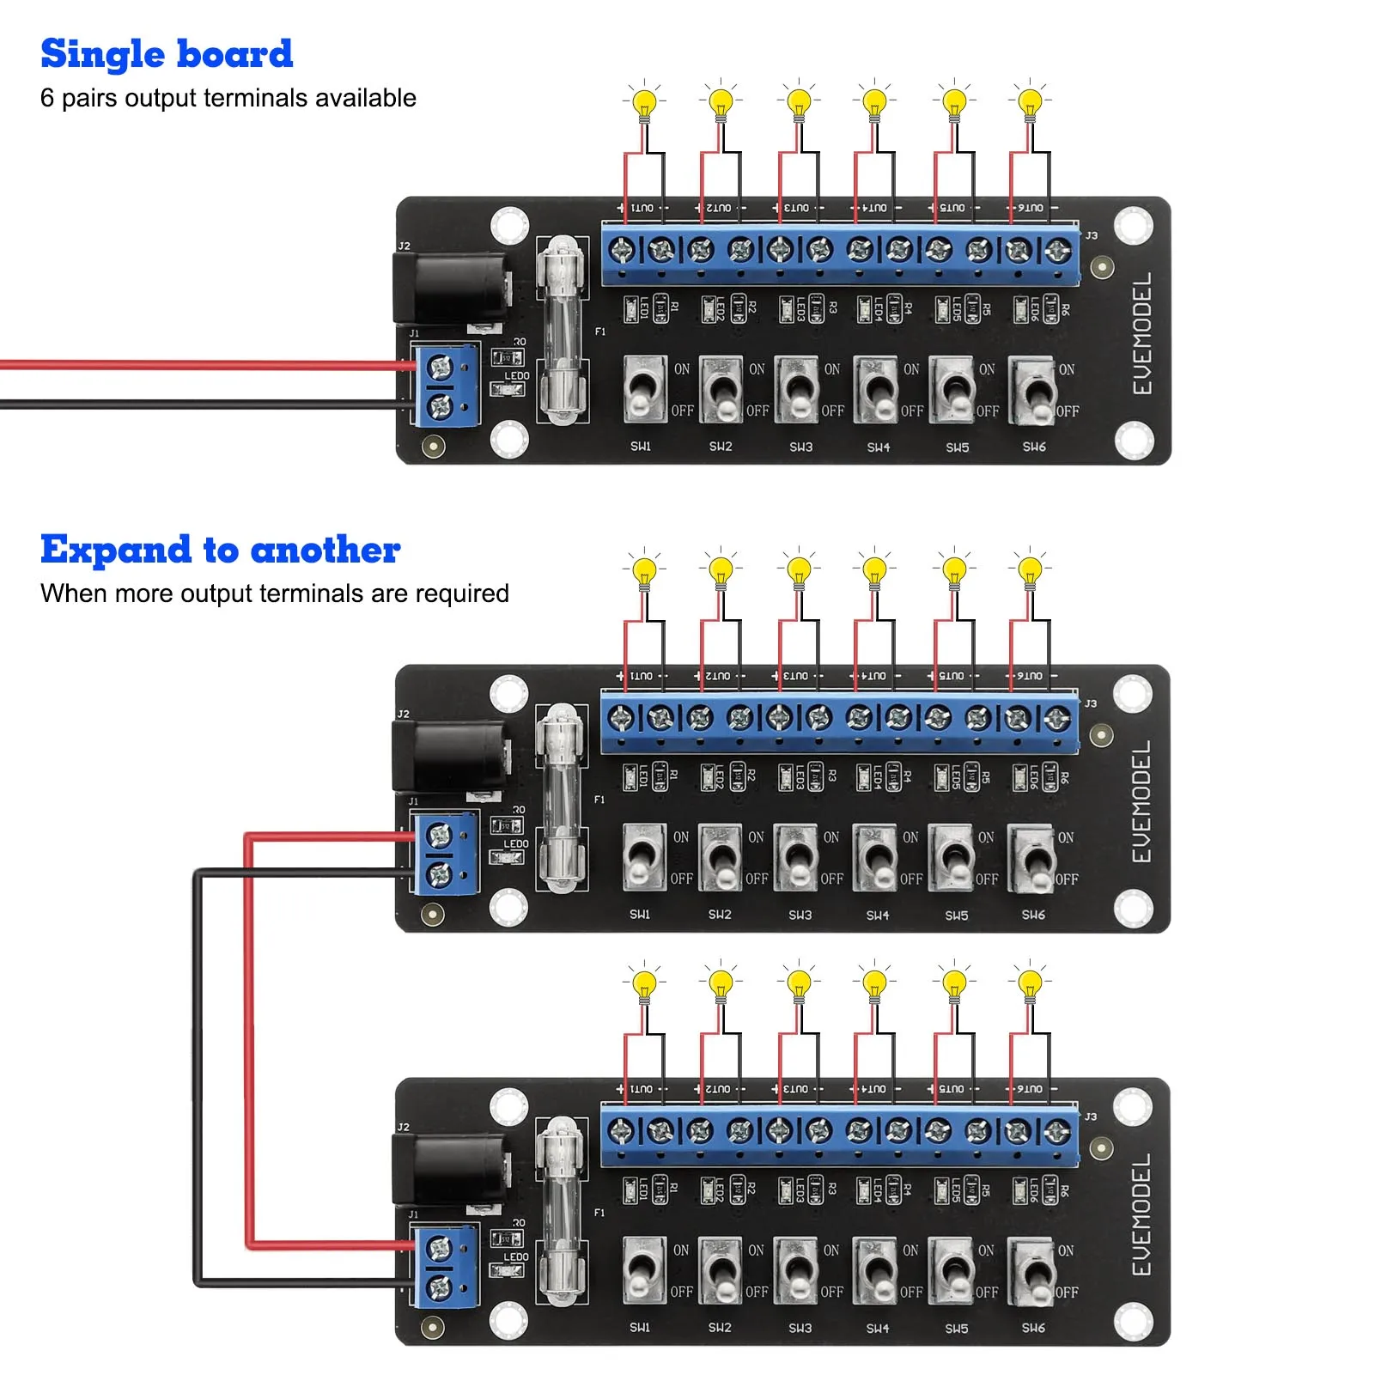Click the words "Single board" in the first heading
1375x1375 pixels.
click(167, 54)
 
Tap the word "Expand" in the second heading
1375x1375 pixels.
click(115, 551)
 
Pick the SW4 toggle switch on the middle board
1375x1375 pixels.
click(875, 858)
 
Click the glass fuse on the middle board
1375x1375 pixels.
click(561, 799)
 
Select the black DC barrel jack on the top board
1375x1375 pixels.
click(451, 288)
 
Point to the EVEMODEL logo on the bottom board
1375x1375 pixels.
click(1141, 1214)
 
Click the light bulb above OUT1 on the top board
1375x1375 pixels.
click(644, 103)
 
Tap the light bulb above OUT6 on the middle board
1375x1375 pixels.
click(1030, 570)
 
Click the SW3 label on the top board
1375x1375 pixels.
click(800, 447)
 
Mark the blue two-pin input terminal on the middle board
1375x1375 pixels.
click(444, 855)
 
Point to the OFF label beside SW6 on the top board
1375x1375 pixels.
click(1068, 411)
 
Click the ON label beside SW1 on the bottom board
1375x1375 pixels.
click(681, 1250)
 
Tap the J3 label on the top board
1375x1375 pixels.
click(1091, 235)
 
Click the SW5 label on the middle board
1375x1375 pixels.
click(957, 916)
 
